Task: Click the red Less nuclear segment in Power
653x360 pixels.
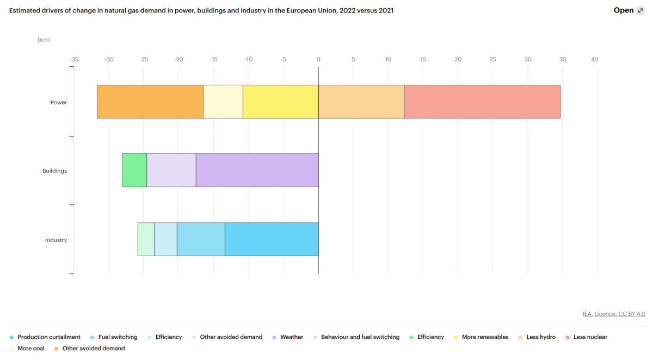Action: pos(482,102)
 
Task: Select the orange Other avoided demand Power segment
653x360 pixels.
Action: pos(150,102)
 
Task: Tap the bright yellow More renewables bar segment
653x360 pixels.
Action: pos(280,102)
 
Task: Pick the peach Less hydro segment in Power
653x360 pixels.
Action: pos(361,102)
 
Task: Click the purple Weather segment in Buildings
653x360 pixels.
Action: pos(257,170)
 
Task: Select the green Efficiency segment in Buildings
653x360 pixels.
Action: pos(134,170)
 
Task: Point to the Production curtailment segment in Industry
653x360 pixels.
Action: pos(271,239)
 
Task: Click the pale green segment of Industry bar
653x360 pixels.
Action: pos(146,239)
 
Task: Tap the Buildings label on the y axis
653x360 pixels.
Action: pos(54,171)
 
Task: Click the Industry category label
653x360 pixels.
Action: pos(56,240)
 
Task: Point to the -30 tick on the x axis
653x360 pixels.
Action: pos(109,59)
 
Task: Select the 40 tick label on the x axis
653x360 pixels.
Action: pos(594,59)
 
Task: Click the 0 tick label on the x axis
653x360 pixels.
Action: pos(318,59)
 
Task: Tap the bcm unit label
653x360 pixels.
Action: pos(44,40)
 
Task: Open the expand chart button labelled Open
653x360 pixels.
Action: pos(629,10)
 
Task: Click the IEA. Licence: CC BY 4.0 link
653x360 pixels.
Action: pos(613,314)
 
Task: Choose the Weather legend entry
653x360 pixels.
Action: pos(292,337)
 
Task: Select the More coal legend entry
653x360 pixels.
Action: pos(30,348)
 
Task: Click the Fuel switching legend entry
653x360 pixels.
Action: pos(118,337)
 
